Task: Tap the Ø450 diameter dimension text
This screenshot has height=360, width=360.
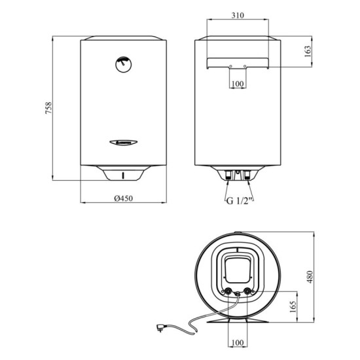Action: (x=122, y=198)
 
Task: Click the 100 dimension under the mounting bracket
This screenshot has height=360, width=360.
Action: (x=238, y=84)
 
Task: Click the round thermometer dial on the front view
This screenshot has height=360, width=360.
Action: (x=123, y=63)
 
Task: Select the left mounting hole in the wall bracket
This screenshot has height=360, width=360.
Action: (x=230, y=66)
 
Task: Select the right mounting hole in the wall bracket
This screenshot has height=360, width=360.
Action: (x=245, y=66)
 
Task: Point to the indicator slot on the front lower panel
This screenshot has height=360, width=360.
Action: (x=123, y=174)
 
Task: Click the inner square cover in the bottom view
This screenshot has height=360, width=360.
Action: (x=238, y=270)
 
